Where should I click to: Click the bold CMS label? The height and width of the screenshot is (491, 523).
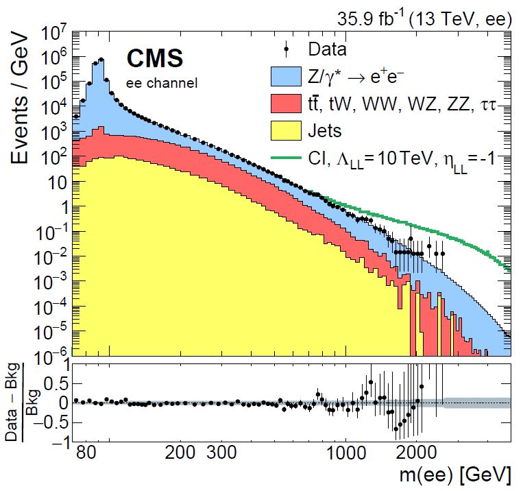(x=154, y=60)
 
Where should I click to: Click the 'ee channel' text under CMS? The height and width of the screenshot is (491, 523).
(x=162, y=84)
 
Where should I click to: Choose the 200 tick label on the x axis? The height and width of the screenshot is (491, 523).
(x=182, y=453)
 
